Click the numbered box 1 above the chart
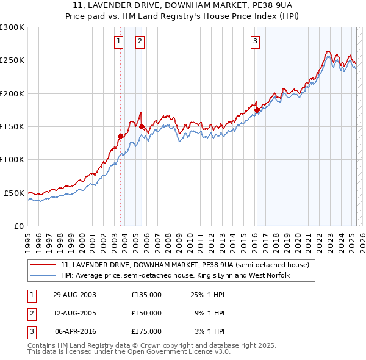118,41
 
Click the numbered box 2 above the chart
140,41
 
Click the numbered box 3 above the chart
254,41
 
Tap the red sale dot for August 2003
120,137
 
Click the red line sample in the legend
43,265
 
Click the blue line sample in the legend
43,275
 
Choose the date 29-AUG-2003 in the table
74,295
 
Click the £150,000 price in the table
146,313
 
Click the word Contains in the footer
42,345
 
